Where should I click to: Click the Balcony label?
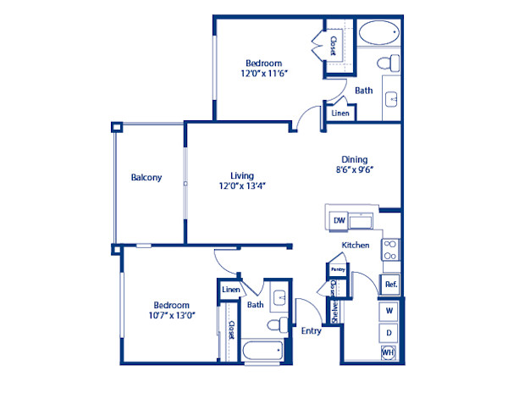point(146,178)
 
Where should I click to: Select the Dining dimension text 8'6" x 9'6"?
point(353,169)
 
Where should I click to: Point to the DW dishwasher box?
point(339,221)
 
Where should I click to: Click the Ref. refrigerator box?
point(390,285)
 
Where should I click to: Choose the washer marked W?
point(389,311)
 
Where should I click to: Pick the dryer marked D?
point(389,332)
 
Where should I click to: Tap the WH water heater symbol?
point(388,352)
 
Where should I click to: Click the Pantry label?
point(337,270)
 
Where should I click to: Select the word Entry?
point(311,331)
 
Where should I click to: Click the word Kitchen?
point(355,246)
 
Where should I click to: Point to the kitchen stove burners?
point(390,249)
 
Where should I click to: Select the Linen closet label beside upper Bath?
point(340,113)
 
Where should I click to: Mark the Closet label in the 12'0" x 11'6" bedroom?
point(334,45)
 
